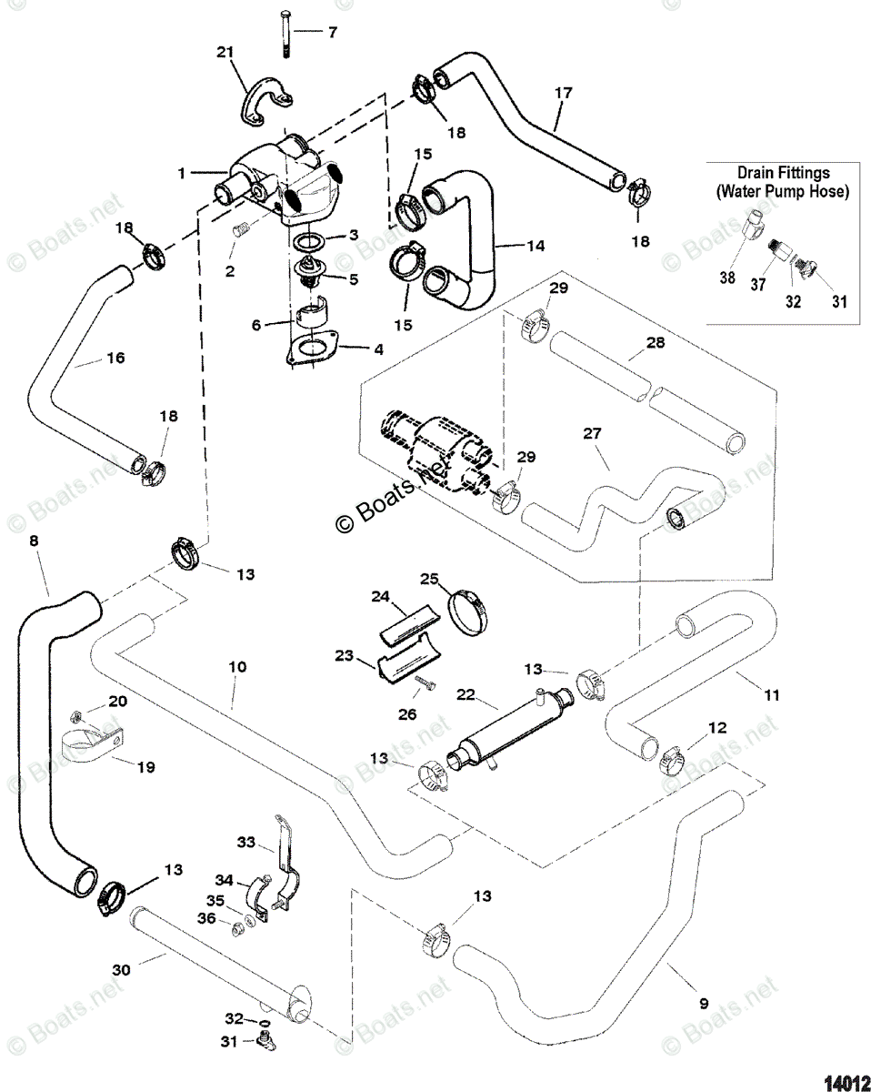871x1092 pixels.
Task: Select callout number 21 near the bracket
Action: click(225, 54)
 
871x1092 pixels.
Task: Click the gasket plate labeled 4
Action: click(314, 350)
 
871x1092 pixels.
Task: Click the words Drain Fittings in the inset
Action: click(783, 172)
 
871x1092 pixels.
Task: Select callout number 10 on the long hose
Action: click(236, 668)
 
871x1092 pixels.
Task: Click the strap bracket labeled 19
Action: click(86, 743)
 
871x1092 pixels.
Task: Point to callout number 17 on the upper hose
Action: click(563, 92)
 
